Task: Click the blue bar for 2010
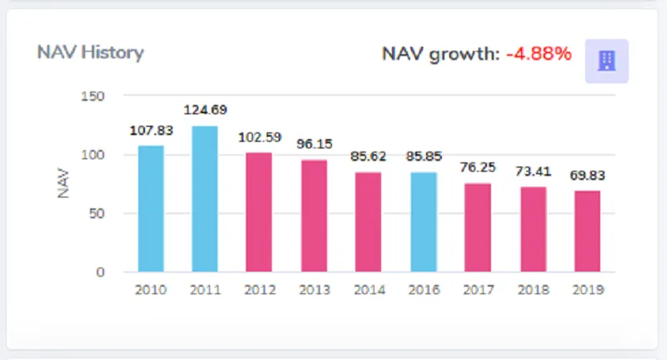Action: pos(151,208)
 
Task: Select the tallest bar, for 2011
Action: pos(205,198)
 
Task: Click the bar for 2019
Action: pos(586,231)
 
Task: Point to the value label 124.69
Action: pos(205,109)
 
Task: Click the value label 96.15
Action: pos(313,143)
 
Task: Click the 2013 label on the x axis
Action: pos(313,290)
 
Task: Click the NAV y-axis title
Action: pos(63,183)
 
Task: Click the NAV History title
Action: pos(90,52)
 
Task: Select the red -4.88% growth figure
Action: pos(539,54)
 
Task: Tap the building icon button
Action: pos(607,61)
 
